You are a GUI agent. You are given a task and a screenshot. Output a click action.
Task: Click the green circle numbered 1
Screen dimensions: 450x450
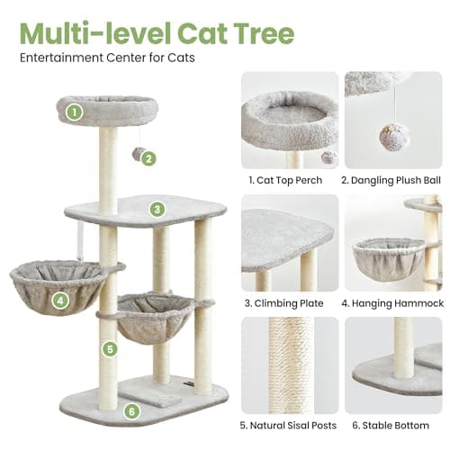point(75,112)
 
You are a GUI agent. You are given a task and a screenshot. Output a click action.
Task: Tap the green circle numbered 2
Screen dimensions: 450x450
point(149,158)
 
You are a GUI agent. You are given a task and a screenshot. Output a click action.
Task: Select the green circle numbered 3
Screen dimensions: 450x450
point(157,210)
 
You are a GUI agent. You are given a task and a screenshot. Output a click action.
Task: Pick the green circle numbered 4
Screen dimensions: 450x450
point(59,300)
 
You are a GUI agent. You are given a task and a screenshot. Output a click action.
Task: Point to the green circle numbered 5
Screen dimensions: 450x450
point(110,348)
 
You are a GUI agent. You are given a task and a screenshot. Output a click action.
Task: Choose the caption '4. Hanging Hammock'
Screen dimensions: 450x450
point(393,303)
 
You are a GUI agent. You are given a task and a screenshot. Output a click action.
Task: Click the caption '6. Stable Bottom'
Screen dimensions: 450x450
point(393,426)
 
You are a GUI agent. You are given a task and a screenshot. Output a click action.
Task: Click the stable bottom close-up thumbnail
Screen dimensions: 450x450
point(393,364)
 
